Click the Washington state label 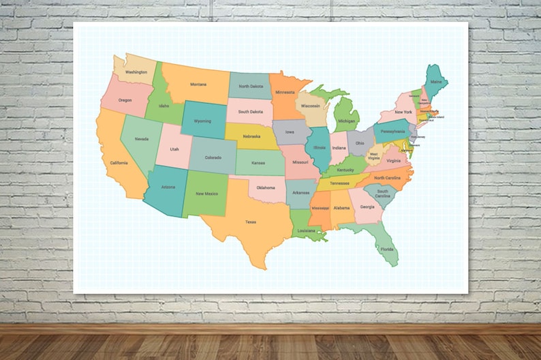(136, 72)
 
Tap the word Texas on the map (251, 222)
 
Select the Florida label (387, 249)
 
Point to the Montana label (198, 85)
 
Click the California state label (119, 163)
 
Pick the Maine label (436, 82)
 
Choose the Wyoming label (202, 121)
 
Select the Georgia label (367, 207)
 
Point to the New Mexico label (206, 194)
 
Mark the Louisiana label (306, 230)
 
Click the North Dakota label (251, 87)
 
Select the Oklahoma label (266, 187)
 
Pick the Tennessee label (339, 183)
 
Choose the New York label (403, 112)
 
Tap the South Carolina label (383, 194)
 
